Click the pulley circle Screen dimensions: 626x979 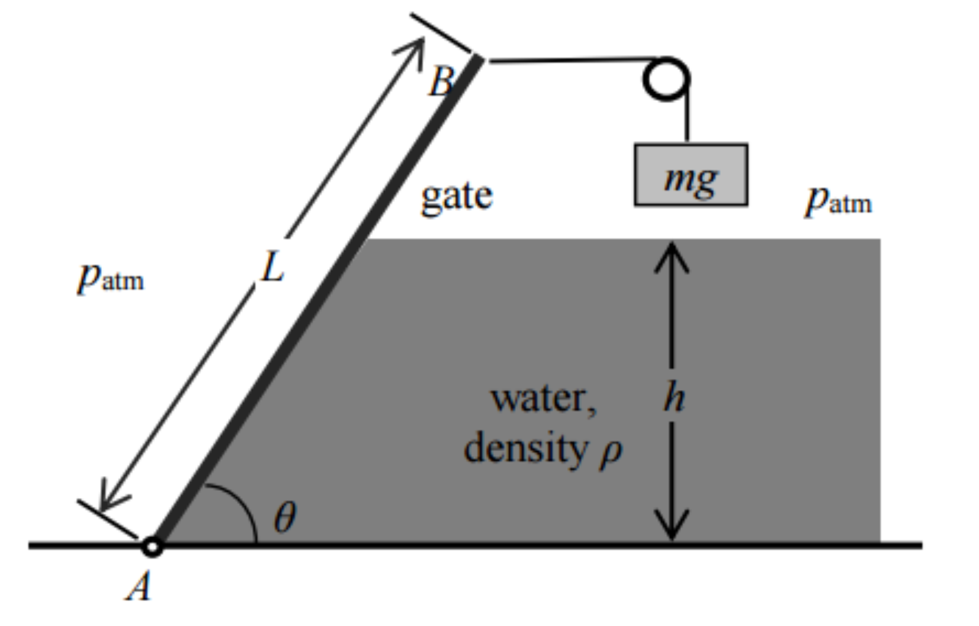click(x=666, y=78)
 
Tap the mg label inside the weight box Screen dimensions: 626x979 click(x=691, y=177)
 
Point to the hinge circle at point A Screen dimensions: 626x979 click(x=152, y=547)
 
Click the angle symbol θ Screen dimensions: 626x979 click(x=285, y=518)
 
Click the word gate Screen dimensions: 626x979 click(x=456, y=196)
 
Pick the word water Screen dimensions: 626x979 click(x=544, y=398)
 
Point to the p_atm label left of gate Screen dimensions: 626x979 click(x=111, y=277)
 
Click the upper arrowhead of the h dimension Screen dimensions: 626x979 click(x=672, y=252)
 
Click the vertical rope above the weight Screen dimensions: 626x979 click(x=687, y=119)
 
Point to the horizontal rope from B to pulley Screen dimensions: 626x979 click(x=569, y=60)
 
